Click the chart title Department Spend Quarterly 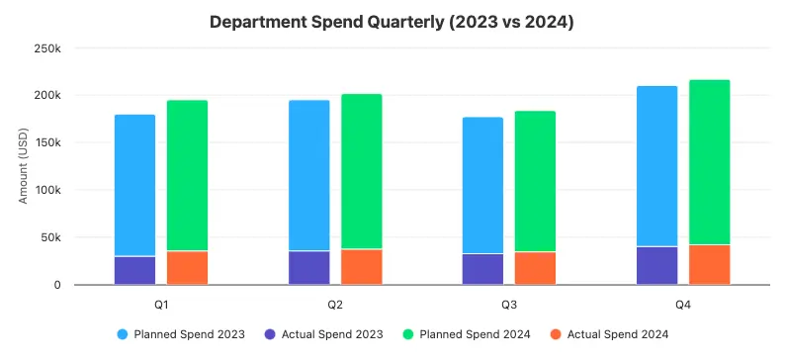point(393,21)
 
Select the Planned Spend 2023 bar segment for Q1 point(135,185)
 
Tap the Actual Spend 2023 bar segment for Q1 point(135,270)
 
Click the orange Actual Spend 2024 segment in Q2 point(361,267)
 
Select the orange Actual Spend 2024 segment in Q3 point(535,268)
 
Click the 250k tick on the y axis point(47,47)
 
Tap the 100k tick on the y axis point(47,190)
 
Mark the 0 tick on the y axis point(57,285)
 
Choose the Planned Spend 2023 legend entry point(181,334)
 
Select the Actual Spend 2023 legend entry point(324,334)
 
